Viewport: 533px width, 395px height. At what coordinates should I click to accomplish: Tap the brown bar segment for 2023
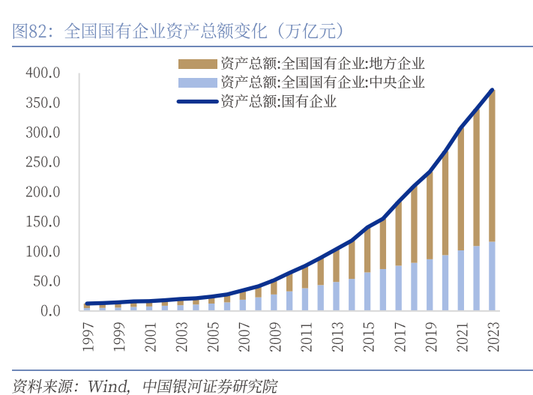[x=492, y=165]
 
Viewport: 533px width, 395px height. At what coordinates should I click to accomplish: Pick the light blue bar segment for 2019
[x=430, y=285]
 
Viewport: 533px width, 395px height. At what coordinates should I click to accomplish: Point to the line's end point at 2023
[x=493, y=91]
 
